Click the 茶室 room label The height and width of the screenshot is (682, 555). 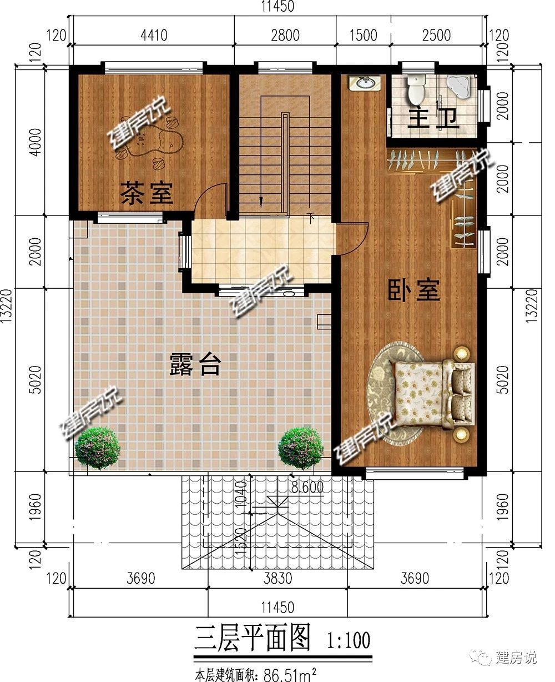click(147, 193)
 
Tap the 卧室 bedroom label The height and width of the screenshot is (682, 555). click(414, 290)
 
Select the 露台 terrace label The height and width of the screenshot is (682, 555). click(195, 364)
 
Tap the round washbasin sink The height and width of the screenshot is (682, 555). click(365, 83)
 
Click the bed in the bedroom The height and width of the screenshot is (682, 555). click(431, 394)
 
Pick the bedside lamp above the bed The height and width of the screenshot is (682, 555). click(462, 354)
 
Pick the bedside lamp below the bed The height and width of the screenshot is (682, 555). click(461, 434)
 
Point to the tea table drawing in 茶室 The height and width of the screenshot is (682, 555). click(150, 142)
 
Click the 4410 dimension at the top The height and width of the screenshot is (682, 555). click(154, 35)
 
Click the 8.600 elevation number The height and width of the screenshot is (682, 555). click(307, 487)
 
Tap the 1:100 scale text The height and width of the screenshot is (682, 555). click(349, 640)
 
